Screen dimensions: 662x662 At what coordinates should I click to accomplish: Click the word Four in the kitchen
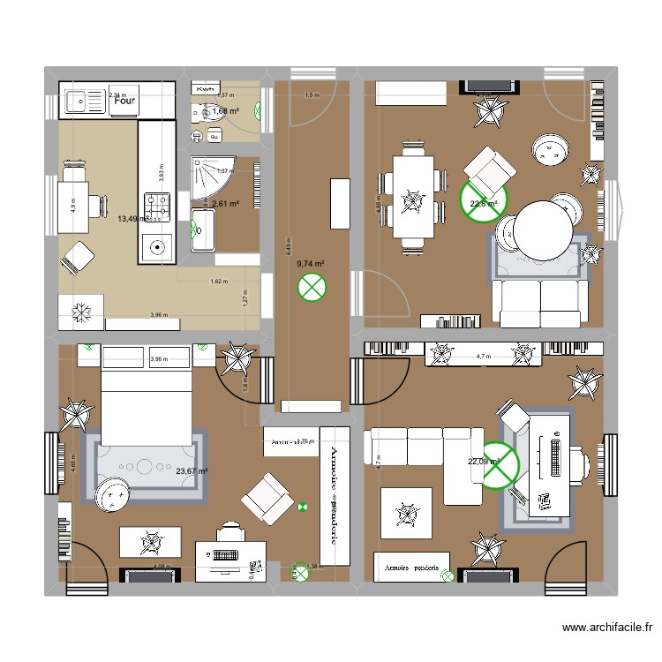[x=124, y=101]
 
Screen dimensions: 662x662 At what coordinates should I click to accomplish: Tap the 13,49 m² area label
[x=132, y=218]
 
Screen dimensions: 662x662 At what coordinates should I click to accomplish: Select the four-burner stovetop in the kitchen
[x=158, y=207]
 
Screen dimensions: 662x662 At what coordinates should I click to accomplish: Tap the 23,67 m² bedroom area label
[x=192, y=471]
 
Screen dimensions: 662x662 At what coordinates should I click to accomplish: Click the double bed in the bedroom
[x=147, y=397]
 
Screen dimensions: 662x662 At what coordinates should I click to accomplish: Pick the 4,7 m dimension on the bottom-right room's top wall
[x=483, y=357]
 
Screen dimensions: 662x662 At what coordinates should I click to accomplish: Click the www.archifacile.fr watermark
[x=606, y=628]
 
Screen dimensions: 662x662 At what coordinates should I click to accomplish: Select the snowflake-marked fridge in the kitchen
[x=81, y=312]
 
